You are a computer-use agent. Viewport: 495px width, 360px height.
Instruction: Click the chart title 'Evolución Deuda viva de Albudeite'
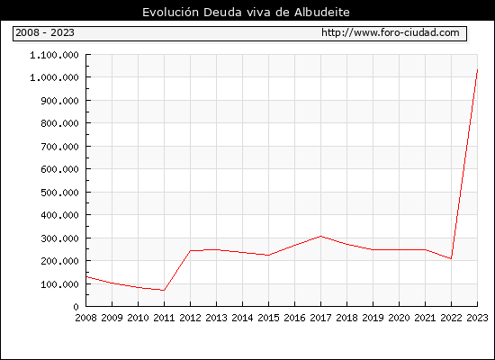[246, 13]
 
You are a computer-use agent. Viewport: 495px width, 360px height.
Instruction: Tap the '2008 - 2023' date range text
[45, 32]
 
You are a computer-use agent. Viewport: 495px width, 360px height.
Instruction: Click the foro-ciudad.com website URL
[391, 32]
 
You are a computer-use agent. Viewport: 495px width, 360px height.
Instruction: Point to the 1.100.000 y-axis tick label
[54, 55]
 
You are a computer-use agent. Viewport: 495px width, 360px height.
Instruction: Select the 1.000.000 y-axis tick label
[54, 77]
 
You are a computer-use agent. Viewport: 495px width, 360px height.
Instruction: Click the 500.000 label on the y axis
[59, 193]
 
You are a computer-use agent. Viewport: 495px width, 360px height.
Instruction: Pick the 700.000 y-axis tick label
[59, 147]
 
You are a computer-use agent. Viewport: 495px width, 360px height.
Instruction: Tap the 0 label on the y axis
[76, 307]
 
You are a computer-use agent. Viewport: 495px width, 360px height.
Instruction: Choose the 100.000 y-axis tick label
[59, 284]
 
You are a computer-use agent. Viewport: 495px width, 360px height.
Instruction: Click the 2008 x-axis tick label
[85, 318]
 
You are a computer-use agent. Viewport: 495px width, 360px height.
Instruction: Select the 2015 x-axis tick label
[269, 318]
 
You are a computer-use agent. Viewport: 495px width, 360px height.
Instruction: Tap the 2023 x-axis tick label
[477, 318]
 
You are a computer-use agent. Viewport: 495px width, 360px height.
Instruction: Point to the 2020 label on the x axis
[399, 318]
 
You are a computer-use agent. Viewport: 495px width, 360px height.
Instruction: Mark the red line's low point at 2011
[164, 290]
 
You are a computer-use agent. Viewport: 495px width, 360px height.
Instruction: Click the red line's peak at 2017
[320, 236]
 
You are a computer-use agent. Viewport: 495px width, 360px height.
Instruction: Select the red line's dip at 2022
[451, 258]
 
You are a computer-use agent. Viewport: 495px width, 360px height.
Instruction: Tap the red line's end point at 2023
[477, 70]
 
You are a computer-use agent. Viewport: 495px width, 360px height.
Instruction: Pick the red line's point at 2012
[191, 251]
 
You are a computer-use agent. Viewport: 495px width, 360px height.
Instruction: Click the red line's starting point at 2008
[86, 277]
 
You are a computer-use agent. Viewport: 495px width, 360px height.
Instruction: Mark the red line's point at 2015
[269, 256]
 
